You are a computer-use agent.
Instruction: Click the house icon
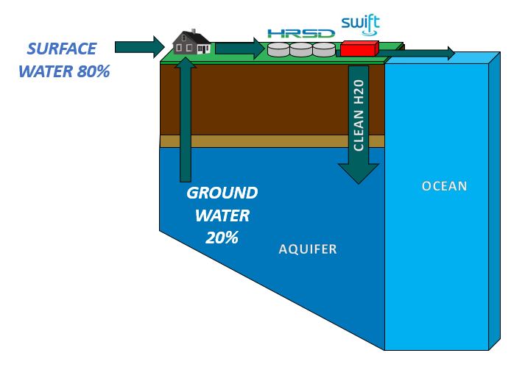193,43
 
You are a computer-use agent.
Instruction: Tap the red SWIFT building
359,49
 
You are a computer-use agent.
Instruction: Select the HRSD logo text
301,33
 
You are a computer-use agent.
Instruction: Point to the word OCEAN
444,185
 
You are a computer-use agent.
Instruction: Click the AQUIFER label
308,249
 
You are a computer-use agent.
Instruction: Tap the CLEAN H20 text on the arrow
359,113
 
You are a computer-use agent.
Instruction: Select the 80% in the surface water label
90,72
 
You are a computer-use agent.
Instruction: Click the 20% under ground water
222,238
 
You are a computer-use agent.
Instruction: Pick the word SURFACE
61,49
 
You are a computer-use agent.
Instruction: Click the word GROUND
222,193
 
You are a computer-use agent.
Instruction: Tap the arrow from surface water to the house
138,47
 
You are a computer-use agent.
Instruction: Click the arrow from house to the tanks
239,49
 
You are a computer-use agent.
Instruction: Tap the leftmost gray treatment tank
279,50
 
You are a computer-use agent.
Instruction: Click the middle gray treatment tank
301,50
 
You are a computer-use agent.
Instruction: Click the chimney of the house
193,32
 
